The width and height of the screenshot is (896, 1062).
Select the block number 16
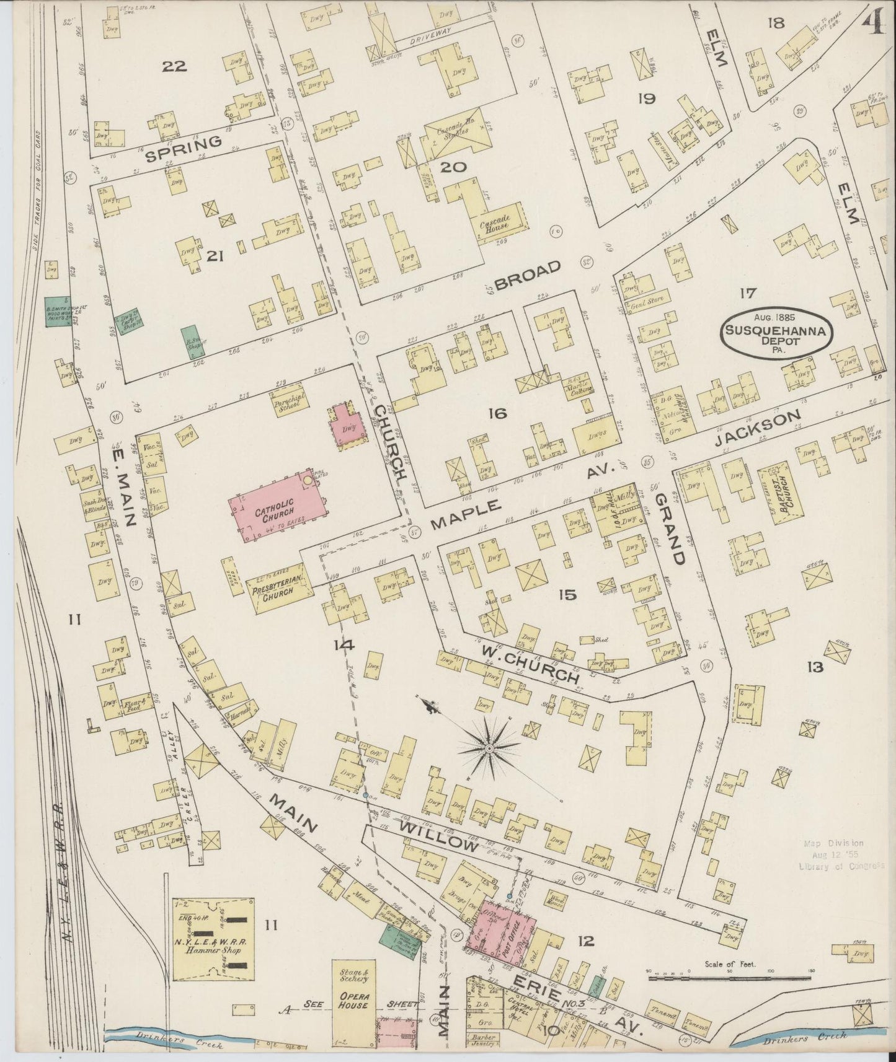497,413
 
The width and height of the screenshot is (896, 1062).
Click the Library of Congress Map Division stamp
842,854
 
